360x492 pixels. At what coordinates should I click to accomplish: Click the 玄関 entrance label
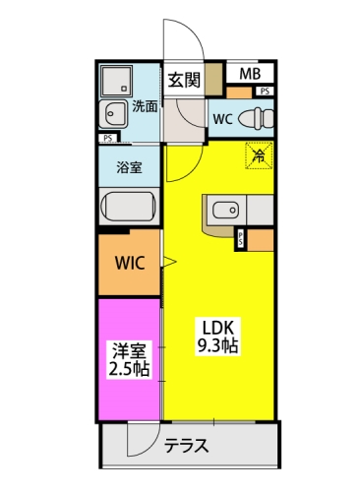(184, 80)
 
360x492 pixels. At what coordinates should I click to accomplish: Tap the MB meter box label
(250, 74)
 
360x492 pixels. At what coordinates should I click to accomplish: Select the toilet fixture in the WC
(256, 118)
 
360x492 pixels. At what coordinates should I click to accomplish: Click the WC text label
(223, 119)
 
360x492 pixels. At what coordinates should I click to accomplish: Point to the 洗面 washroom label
(145, 106)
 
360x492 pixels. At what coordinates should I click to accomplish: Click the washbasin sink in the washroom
(113, 114)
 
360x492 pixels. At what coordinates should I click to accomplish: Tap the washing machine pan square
(116, 81)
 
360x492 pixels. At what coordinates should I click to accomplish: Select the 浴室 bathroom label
(129, 167)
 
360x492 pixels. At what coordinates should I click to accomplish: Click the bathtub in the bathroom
(128, 207)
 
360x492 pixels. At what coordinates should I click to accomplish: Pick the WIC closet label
(130, 263)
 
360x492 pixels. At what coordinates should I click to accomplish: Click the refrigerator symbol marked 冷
(259, 155)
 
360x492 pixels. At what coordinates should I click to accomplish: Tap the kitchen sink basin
(225, 210)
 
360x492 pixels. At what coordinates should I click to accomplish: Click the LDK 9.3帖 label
(217, 337)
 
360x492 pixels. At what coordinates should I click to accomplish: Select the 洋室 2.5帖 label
(129, 359)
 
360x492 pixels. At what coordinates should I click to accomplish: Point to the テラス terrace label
(186, 446)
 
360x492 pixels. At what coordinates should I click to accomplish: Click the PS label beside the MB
(265, 92)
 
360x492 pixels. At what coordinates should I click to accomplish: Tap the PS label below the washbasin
(108, 139)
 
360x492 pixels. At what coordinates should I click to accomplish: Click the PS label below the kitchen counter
(241, 239)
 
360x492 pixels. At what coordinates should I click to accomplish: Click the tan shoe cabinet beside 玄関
(213, 79)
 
